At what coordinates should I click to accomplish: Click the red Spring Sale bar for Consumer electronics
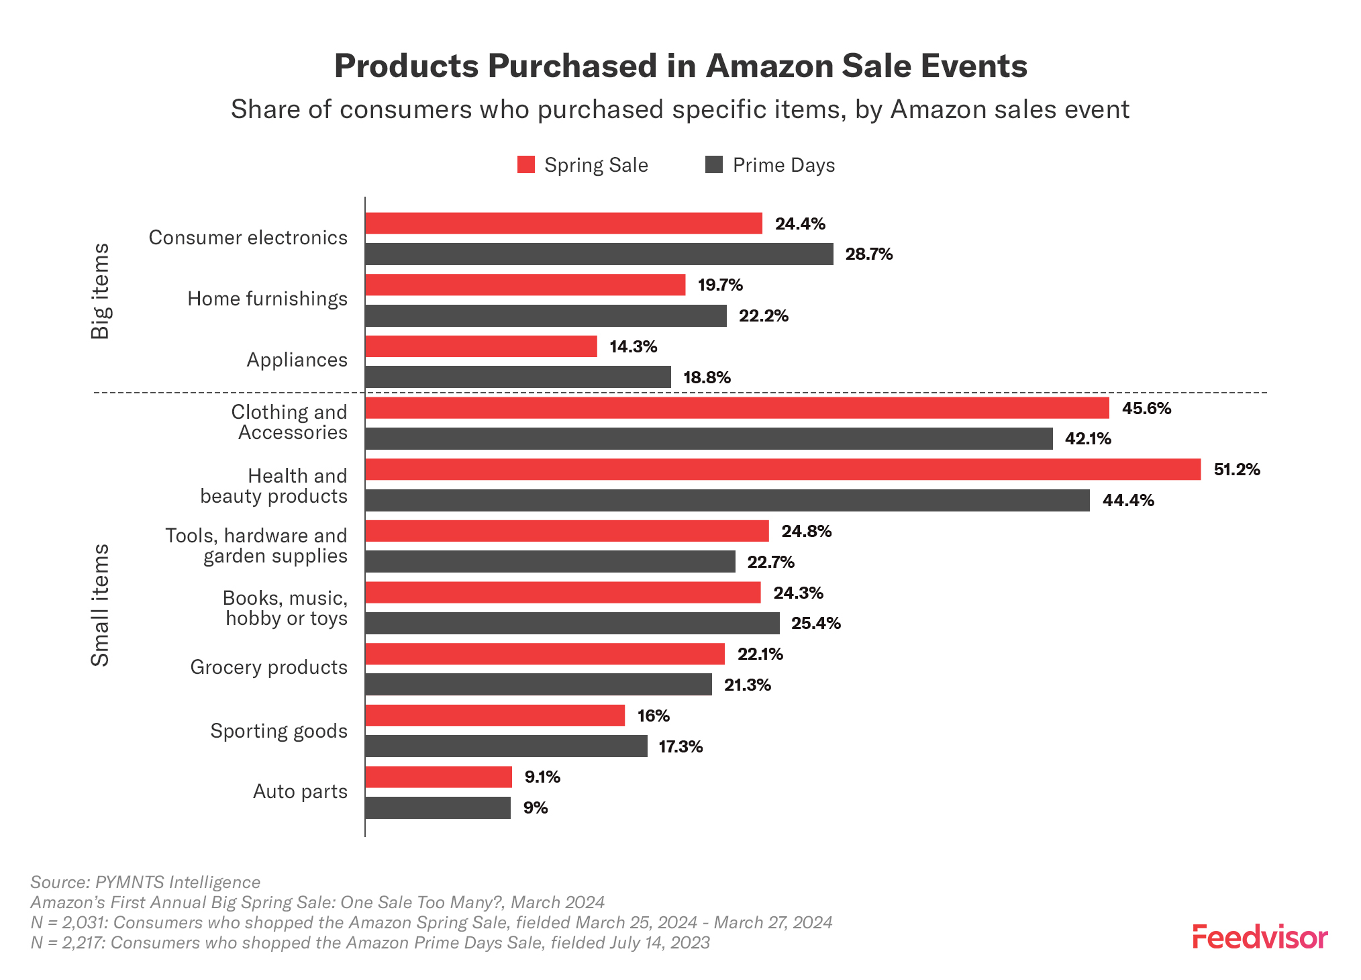(564, 224)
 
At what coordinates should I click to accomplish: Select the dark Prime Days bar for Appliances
(518, 377)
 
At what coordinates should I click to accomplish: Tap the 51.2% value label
(1236, 470)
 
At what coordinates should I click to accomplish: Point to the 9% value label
(536, 808)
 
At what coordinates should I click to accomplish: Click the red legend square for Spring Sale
(526, 165)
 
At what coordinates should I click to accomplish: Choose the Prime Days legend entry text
(783, 165)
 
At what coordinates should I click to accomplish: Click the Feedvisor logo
(1260, 938)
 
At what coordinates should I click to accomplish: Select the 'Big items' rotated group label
(100, 291)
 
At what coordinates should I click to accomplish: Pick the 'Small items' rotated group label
(100, 605)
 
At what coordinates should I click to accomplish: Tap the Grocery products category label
(268, 667)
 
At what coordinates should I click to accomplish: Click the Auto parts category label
(300, 791)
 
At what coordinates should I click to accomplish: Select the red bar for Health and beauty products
(783, 470)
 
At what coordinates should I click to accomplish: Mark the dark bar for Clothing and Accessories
(709, 439)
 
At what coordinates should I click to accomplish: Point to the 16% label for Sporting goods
(653, 716)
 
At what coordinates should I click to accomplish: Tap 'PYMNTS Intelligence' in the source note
(178, 882)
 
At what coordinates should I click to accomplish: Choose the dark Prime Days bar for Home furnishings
(546, 316)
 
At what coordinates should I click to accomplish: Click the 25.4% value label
(815, 624)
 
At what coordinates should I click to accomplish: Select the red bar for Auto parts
(438, 777)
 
